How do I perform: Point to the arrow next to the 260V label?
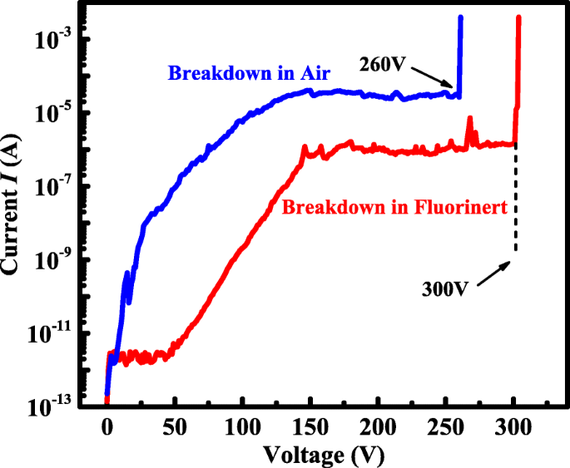click(x=433, y=76)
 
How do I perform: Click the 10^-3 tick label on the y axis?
click(x=57, y=38)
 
